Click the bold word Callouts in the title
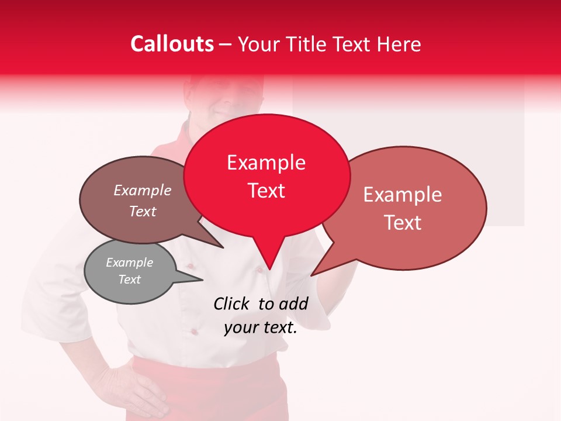pyautogui.click(x=172, y=44)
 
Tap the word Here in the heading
pyautogui.click(x=399, y=44)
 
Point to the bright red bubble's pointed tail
pyautogui.click(x=269, y=257)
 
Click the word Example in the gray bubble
pyautogui.click(x=129, y=263)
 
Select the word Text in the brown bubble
pyautogui.click(x=143, y=212)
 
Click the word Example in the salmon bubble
pyautogui.click(x=403, y=195)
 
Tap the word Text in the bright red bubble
pyautogui.click(x=266, y=191)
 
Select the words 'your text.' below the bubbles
pyautogui.click(x=261, y=328)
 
